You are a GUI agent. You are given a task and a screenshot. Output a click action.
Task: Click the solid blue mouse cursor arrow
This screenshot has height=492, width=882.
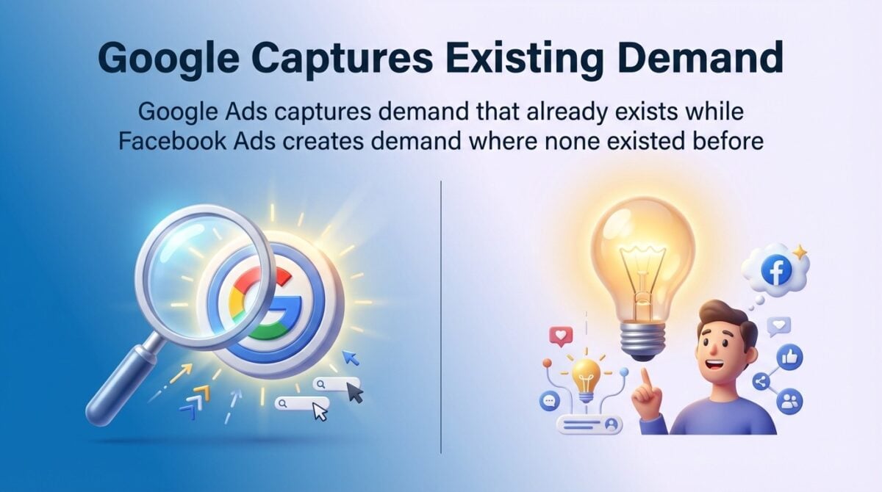click(x=351, y=358)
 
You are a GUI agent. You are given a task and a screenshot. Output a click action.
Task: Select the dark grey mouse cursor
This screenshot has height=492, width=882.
click(x=356, y=393)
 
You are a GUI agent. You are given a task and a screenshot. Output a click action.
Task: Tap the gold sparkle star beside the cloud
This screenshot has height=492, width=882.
click(x=800, y=252)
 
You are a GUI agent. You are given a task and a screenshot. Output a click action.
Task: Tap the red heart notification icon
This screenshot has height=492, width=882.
click(x=560, y=337)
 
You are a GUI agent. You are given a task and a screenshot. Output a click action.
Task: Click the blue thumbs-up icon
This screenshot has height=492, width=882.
click(x=790, y=357)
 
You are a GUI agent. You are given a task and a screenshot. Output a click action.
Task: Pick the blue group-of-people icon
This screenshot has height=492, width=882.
click(x=790, y=401)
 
